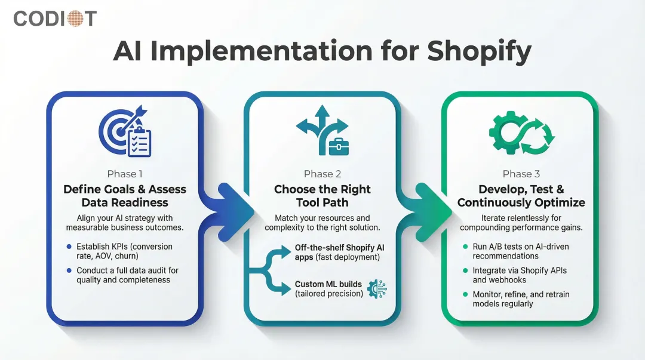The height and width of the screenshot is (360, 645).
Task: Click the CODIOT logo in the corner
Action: pos(55,19)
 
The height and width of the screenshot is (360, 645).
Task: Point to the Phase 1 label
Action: pos(125,174)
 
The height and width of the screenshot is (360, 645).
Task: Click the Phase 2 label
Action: pos(322,174)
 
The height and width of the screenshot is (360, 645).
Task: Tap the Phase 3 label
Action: pos(521,174)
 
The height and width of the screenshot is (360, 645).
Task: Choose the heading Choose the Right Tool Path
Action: pos(322,196)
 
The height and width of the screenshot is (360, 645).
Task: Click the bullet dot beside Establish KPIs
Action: pos(70,247)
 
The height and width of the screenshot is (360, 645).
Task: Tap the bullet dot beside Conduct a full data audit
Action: pos(70,270)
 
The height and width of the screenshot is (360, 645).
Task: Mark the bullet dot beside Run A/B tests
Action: pos(466,247)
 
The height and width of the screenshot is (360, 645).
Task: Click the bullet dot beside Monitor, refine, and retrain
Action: pos(466,294)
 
